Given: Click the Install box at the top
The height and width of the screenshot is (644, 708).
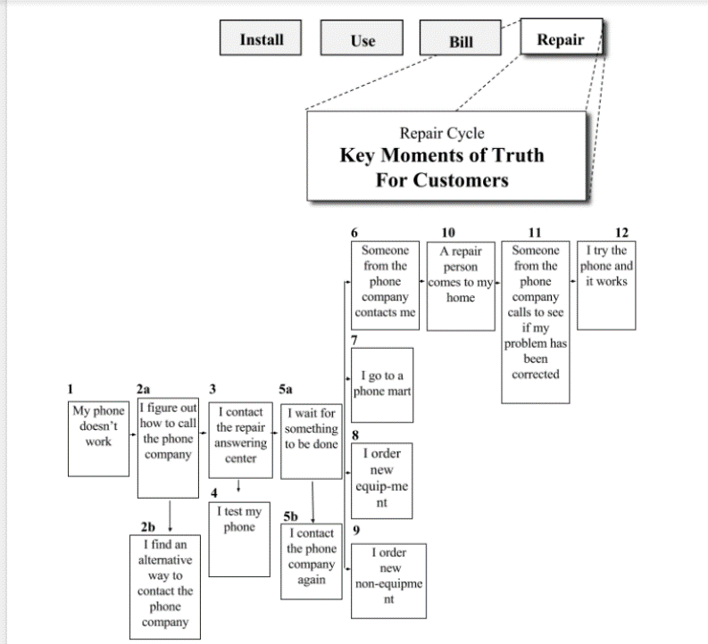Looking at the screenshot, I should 262,39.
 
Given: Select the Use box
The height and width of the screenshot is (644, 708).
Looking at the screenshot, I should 363,41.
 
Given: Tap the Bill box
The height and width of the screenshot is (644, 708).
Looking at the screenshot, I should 462,41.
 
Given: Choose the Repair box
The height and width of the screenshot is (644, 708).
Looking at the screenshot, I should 561,39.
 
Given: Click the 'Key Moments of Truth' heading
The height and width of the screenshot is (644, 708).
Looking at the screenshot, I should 442,156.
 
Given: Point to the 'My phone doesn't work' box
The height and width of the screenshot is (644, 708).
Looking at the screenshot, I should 98,437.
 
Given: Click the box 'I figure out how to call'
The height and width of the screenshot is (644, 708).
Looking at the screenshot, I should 168,446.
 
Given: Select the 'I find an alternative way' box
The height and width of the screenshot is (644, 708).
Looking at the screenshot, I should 165,584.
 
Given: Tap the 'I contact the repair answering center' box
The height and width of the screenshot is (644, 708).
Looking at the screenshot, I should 240,439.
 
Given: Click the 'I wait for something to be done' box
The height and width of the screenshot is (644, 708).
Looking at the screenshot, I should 312,441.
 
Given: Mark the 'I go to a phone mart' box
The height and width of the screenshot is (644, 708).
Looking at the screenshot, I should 382,384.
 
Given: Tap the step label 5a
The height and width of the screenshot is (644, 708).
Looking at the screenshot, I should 286,390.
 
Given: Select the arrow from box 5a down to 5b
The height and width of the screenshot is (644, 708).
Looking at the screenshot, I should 312,500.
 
